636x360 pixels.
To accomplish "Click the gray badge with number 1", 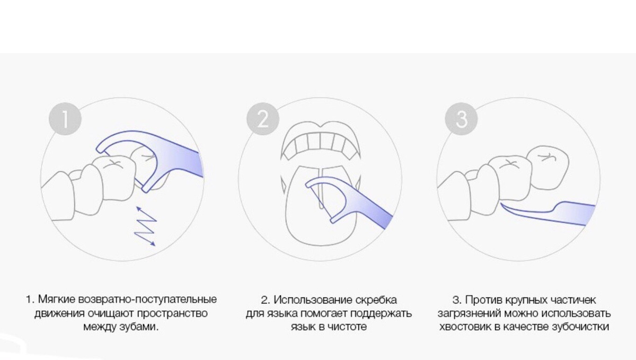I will [65, 119].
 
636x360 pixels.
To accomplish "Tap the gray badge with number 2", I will [263, 119].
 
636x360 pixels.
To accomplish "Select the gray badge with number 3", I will [462, 119].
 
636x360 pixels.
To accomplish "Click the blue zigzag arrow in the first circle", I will [144, 226].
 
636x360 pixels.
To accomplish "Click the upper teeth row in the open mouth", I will [319, 143].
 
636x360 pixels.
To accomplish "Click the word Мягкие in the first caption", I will [56, 300].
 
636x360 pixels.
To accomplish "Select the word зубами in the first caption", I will [142, 327].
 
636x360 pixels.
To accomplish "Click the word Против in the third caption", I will [482, 300].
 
